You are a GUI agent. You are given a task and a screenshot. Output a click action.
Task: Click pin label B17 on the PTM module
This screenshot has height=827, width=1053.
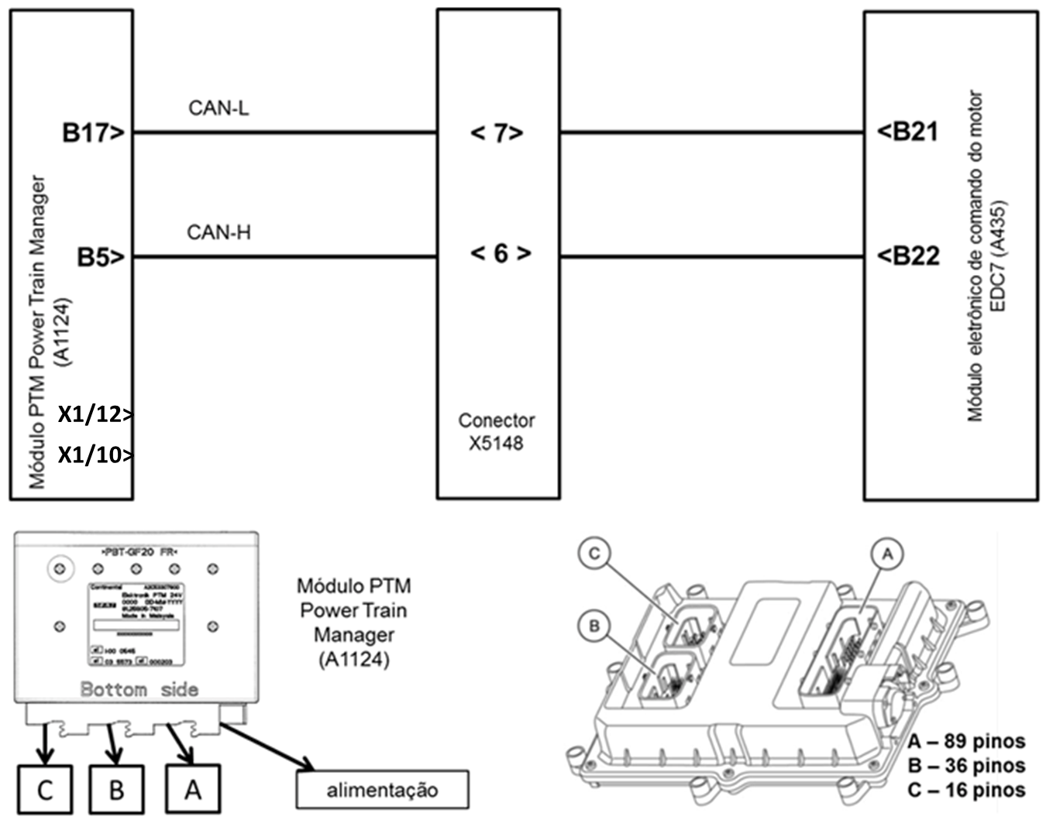tap(92, 133)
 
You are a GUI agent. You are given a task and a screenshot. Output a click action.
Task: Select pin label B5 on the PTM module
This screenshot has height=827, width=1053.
tap(100, 256)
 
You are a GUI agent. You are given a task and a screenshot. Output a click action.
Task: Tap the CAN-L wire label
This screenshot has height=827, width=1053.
tap(219, 108)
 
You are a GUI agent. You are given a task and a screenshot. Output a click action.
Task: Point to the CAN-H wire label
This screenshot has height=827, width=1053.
tap(219, 232)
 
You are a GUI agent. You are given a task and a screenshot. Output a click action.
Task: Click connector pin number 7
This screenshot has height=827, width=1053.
tap(497, 133)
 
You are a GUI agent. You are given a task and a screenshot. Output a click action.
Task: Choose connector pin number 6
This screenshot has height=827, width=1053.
tap(501, 253)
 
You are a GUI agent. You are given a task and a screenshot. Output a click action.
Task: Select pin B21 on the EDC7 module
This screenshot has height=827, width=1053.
tap(907, 132)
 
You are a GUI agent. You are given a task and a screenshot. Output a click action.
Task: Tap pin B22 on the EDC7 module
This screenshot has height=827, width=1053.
tap(907, 256)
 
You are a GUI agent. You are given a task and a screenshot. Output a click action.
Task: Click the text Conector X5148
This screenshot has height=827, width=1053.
tap(497, 432)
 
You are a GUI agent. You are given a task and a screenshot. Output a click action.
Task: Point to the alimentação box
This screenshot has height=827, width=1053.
tap(382, 790)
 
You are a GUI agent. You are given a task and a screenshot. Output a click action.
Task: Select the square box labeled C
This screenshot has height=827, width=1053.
tap(45, 790)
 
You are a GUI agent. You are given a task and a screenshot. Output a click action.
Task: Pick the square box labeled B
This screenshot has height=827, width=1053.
tap(116, 790)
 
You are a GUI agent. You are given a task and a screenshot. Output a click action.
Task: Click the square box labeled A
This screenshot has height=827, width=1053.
tap(193, 790)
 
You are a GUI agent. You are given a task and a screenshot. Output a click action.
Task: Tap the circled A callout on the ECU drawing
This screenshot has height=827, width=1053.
tap(888, 554)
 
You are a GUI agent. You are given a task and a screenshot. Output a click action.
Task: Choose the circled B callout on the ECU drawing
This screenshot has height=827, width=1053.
tap(594, 626)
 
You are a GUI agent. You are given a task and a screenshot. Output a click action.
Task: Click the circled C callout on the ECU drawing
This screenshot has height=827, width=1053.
tap(594, 554)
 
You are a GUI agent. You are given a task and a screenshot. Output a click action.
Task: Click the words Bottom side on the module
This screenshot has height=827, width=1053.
tap(139, 689)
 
